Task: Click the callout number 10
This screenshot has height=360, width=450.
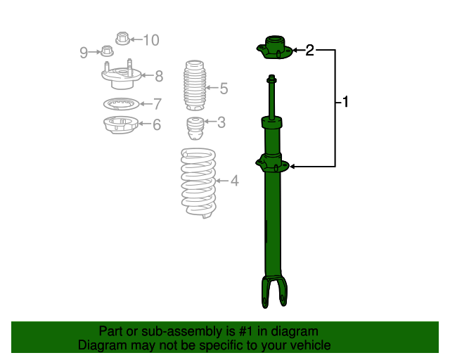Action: point(151,39)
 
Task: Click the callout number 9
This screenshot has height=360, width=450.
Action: point(84,51)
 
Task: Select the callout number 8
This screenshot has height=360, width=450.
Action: point(159,75)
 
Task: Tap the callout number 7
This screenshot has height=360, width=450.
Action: point(157,103)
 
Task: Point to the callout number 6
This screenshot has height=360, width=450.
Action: point(156,125)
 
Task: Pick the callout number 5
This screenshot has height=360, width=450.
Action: point(224,89)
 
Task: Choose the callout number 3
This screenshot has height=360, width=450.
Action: point(221,123)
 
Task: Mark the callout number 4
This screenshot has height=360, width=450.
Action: point(234,181)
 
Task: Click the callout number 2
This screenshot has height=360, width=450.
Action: point(309,50)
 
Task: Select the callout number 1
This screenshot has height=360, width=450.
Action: point(345,103)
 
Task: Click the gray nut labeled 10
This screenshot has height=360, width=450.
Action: point(120,38)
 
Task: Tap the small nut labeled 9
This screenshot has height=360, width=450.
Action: point(107,51)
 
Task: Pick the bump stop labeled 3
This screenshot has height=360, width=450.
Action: point(195,130)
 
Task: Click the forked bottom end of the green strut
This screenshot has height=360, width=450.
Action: point(274,291)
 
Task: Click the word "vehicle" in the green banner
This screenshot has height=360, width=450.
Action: point(309,345)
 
